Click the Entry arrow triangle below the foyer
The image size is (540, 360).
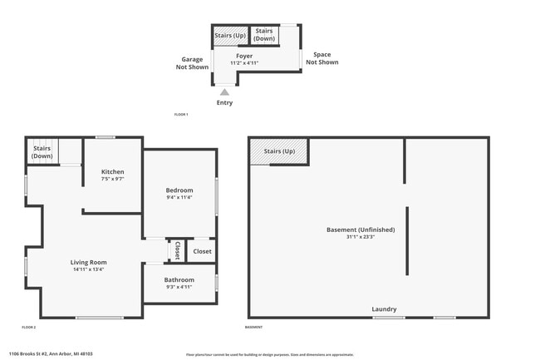pos(224,92)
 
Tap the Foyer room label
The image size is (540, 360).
pos(243,57)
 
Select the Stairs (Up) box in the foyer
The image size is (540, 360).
pos(230,36)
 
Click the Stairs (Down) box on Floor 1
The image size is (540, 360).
pos(264,35)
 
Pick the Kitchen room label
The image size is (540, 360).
pos(112,172)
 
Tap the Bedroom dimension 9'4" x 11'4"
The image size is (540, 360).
pos(179,198)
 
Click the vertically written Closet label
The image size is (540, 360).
pos(177,250)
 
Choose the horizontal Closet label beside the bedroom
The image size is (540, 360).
pos(202,251)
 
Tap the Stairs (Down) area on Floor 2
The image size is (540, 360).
pos(42,152)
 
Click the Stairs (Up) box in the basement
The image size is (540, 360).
pos(279,151)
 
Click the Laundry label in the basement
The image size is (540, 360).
pos(384,309)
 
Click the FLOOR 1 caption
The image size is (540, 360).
pos(181,114)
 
